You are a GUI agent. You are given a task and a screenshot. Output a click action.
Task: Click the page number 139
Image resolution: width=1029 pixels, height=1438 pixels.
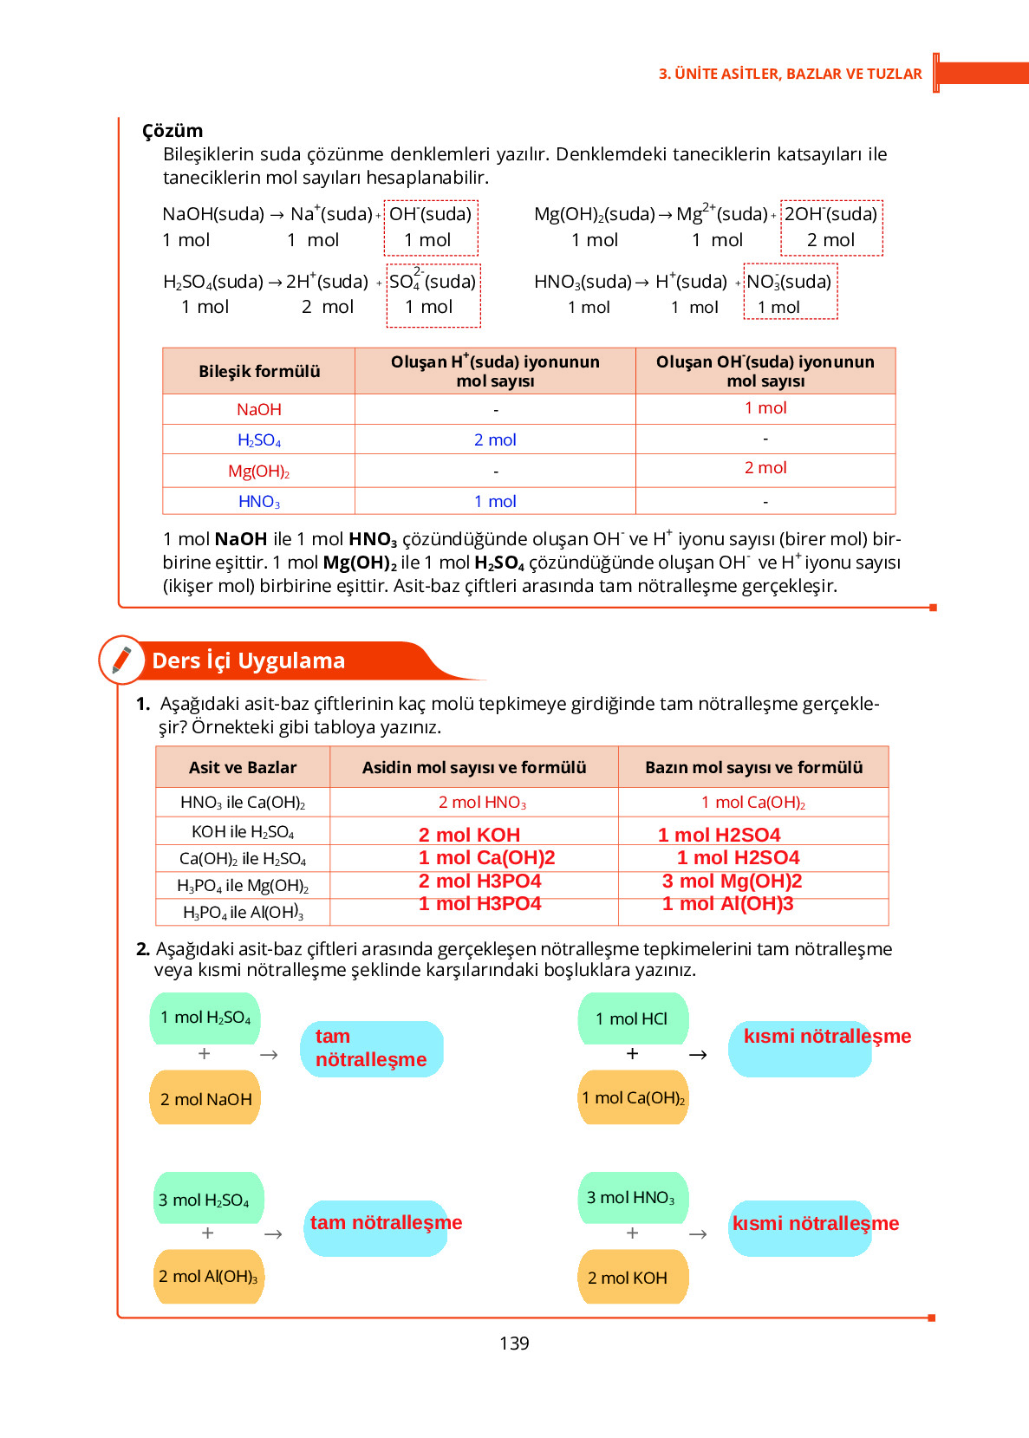pos(514,1343)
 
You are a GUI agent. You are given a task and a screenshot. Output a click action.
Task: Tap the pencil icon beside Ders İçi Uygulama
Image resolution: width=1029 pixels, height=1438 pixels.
pos(122,660)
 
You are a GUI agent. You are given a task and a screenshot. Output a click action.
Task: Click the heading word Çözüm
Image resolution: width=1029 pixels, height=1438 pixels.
pos(173,131)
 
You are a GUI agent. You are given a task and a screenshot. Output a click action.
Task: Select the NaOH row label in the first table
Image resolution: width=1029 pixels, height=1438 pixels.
pos(258,409)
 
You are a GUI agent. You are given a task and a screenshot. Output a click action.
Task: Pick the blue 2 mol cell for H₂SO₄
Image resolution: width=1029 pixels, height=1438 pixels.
pos(495,439)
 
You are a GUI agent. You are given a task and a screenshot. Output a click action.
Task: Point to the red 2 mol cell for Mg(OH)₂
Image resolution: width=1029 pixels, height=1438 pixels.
pos(765,468)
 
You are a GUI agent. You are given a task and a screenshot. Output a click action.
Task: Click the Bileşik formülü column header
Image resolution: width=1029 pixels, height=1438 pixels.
pos(259,371)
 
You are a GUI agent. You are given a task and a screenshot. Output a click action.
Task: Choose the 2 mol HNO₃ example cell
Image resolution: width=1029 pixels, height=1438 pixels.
pos(482,803)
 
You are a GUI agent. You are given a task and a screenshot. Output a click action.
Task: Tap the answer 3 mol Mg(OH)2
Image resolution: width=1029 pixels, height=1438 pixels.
pos(732,882)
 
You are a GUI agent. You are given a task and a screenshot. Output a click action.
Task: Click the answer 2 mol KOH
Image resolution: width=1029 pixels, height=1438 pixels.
pos(469,835)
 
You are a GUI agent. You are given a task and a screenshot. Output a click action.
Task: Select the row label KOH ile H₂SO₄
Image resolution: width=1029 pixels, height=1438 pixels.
pos(243,832)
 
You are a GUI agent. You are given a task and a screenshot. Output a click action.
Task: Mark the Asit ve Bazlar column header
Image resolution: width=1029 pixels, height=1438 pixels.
pos(243,767)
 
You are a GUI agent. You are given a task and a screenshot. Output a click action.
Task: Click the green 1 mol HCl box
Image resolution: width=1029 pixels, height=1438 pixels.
pos(634,1018)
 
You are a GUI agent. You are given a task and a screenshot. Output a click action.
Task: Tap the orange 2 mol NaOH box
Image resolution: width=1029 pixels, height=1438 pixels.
pos(205,1098)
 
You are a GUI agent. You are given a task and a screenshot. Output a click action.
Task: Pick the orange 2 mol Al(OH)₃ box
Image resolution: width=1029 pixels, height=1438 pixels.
pos(208,1276)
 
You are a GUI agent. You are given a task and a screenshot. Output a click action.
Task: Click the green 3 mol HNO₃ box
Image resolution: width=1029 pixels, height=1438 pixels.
pos(632,1198)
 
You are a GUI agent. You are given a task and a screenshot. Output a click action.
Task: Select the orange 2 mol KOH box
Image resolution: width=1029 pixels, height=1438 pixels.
pos(632,1277)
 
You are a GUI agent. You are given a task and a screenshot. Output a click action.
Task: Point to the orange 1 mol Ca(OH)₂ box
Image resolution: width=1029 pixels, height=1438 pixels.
pos(634,1097)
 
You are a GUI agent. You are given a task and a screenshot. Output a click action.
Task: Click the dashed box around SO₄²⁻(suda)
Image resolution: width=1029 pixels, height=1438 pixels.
pos(433,296)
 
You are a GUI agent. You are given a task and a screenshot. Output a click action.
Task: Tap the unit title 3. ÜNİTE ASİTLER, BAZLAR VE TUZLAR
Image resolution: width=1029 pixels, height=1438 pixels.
pos(790,74)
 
